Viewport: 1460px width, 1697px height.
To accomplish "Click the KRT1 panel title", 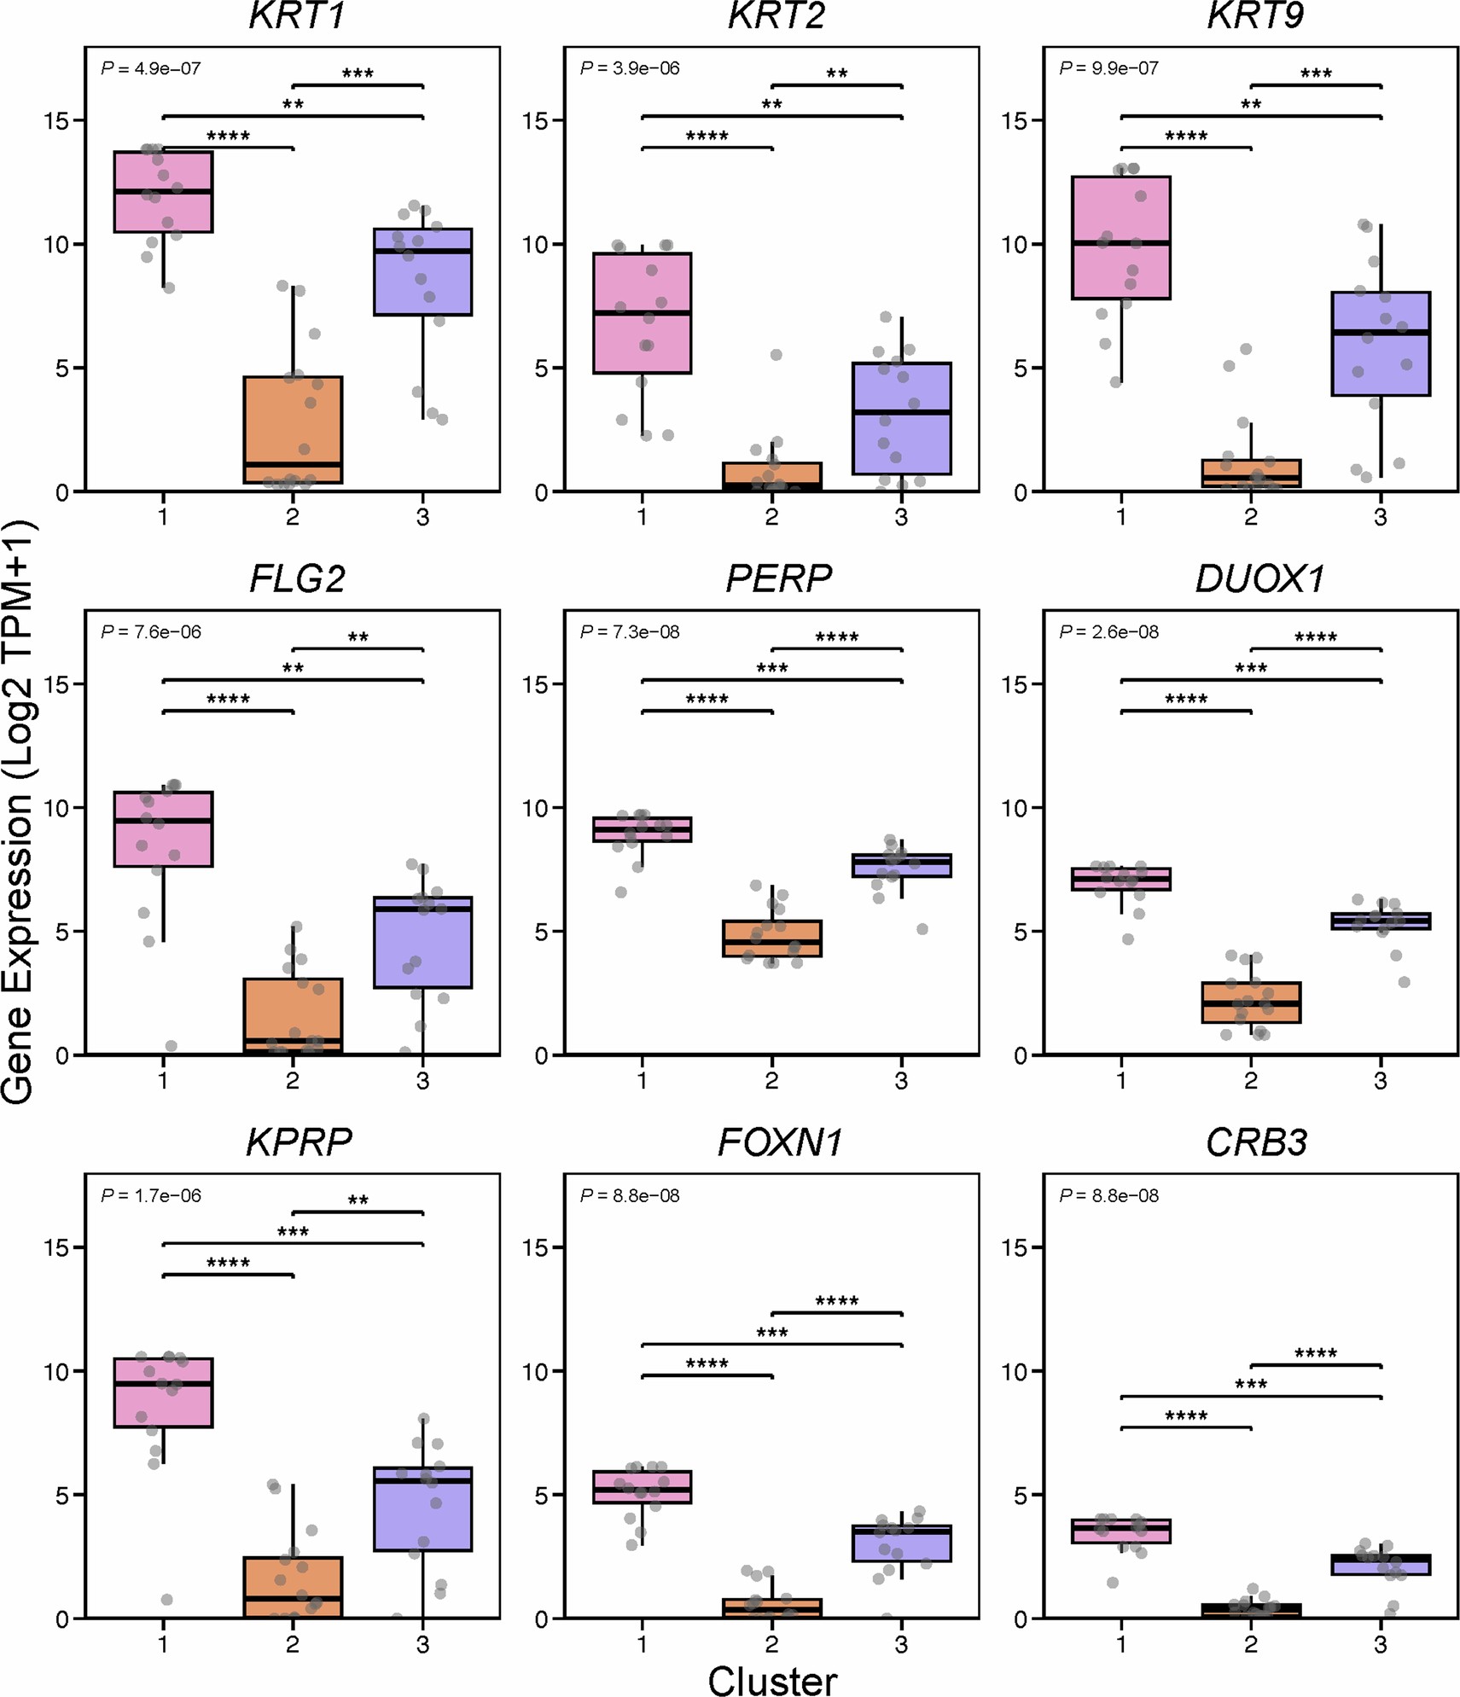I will point(296,16).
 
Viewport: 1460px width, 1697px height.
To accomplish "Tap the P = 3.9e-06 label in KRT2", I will point(630,68).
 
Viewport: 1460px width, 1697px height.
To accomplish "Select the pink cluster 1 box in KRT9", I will point(1120,237).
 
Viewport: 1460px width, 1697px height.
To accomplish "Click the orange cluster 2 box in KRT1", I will point(293,429).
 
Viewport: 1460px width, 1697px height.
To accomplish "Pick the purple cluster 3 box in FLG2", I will point(422,942).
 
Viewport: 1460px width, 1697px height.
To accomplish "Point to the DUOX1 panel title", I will point(1259,579).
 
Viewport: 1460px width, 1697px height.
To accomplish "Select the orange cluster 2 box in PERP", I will point(771,938).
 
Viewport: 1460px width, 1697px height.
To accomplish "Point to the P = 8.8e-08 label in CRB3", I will point(1108,1195).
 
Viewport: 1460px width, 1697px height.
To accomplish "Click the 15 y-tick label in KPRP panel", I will point(56,1247).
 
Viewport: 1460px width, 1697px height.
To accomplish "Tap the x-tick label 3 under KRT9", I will point(1380,517).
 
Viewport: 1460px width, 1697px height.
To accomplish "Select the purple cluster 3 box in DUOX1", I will point(1380,921).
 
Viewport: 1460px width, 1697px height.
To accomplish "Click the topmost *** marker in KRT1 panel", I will point(358,74).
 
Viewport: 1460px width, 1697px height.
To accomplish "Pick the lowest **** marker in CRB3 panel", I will point(1186,1416).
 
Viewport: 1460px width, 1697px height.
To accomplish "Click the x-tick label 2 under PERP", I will point(771,1080).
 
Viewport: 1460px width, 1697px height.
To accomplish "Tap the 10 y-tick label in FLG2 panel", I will point(56,807).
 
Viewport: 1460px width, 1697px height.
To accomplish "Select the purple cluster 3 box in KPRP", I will point(422,1508).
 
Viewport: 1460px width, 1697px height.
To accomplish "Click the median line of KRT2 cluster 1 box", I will point(642,313).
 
